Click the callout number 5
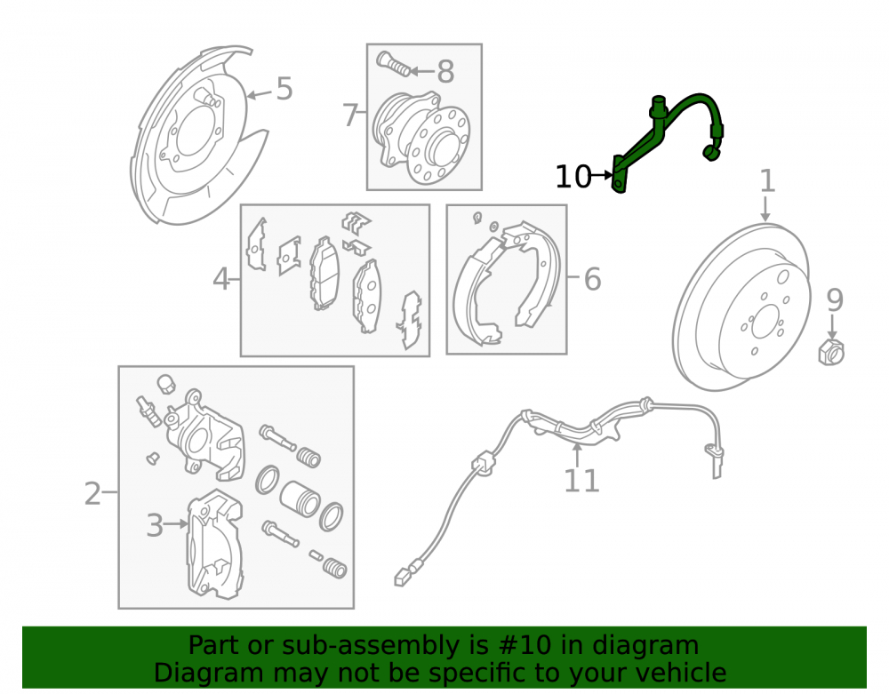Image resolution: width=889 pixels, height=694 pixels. pyautogui.click(x=284, y=89)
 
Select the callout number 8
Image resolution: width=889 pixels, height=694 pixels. pyautogui.click(x=445, y=72)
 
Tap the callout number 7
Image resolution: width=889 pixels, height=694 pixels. pyautogui.click(x=350, y=115)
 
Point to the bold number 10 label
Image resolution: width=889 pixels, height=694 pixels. pyautogui.click(x=573, y=177)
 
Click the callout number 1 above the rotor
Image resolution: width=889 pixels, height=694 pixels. pyautogui.click(x=767, y=180)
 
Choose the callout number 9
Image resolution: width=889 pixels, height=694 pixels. pyautogui.click(x=835, y=300)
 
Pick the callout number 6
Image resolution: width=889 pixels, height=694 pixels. pyautogui.click(x=592, y=279)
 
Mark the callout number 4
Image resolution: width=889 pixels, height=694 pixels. pyautogui.click(x=221, y=279)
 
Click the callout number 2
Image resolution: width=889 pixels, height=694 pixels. pyautogui.click(x=92, y=493)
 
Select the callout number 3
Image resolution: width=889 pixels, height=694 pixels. pyautogui.click(x=155, y=525)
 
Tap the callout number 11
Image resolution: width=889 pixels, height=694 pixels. pyautogui.click(x=581, y=481)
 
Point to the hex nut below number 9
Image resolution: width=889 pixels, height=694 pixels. pyautogui.click(x=831, y=353)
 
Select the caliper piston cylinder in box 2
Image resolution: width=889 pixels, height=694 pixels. pyautogui.click(x=300, y=499)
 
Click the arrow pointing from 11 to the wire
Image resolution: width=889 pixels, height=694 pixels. pyautogui.click(x=577, y=455)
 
